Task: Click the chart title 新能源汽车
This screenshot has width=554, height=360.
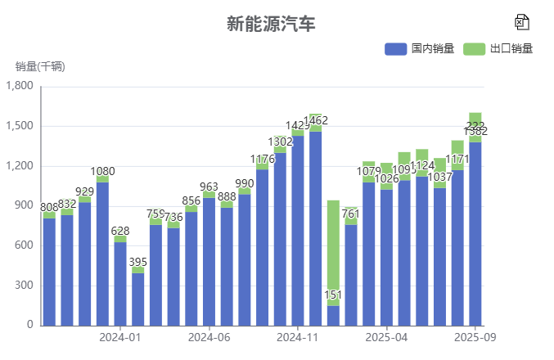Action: point(270,24)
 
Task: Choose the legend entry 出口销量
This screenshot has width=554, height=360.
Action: point(498,49)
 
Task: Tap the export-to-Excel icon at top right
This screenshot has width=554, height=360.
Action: point(522,22)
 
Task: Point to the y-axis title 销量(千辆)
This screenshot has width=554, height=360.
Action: point(40,66)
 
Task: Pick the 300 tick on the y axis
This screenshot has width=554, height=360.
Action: point(25,286)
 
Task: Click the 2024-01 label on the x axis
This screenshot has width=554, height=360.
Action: point(120,337)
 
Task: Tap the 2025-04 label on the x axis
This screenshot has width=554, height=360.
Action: point(387,337)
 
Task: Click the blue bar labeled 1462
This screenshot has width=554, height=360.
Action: point(316,229)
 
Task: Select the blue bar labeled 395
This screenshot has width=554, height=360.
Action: point(138,299)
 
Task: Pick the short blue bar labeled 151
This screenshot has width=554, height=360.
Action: point(333,316)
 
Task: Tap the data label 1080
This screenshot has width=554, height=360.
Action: point(102,172)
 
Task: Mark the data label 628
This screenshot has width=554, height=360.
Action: point(120,232)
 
